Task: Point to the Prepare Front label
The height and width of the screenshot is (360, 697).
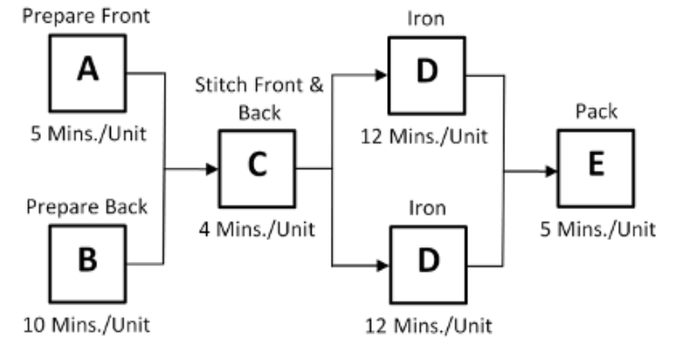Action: coord(87,15)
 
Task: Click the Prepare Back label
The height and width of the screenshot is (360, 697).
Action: coord(87,206)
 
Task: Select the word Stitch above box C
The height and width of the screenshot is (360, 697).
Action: coord(218,86)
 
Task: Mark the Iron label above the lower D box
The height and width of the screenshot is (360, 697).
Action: coord(427,208)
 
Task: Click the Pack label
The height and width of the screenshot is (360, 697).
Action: coord(596,112)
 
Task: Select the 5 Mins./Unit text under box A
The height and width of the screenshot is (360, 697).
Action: coord(87,135)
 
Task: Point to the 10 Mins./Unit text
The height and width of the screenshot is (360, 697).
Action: coord(87,325)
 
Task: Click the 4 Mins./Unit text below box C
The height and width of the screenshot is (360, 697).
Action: coord(257,229)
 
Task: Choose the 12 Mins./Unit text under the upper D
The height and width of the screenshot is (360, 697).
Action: coord(427,136)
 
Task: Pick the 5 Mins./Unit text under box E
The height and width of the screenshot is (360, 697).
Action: coord(596,229)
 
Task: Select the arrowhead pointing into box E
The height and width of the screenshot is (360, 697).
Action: coord(551,170)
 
